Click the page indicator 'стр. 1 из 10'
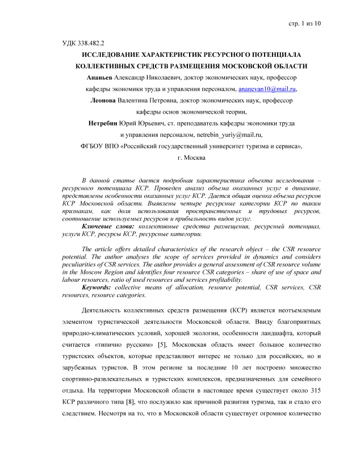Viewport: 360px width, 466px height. [x=303, y=23]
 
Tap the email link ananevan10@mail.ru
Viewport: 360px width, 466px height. [x=266, y=90]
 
